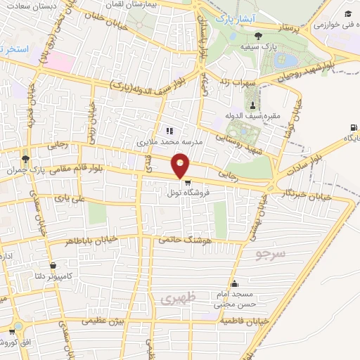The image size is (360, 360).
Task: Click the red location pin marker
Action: [181, 165]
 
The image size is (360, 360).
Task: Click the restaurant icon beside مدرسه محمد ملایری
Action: [169, 130]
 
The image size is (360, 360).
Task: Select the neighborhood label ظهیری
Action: [175, 299]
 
